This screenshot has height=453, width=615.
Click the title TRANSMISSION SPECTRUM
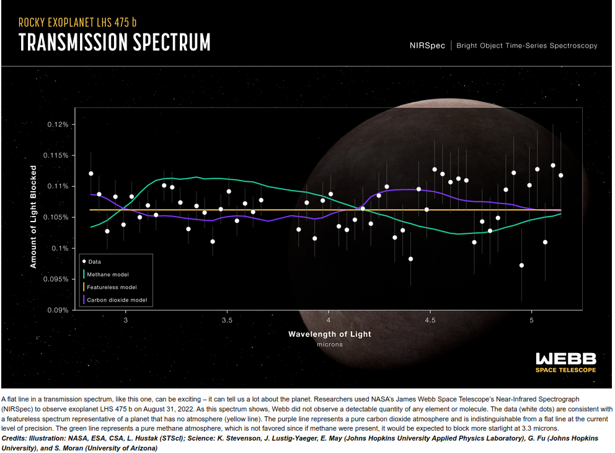point(115,42)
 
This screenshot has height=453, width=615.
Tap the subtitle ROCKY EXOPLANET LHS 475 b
point(77,22)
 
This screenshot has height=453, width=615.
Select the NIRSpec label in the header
point(427,45)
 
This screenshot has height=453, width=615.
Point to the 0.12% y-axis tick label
point(58,125)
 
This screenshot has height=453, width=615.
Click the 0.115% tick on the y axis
point(56,156)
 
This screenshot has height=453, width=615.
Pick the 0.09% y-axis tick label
point(58,310)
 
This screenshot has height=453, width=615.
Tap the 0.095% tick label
point(56,279)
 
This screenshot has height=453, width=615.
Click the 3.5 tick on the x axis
point(227,320)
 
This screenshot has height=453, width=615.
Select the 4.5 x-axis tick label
point(430,320)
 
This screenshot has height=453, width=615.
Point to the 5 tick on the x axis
point(531,320)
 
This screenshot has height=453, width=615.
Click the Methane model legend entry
point(106,274)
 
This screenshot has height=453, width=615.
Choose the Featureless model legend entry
point(110,287)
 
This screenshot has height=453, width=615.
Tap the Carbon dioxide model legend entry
point(115,300)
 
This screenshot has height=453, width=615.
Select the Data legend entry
point(92,261)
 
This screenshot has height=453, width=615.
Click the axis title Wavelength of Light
point(329,334)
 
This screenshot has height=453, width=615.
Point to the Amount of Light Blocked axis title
point(33,217)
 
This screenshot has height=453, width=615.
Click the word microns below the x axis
point(330,344)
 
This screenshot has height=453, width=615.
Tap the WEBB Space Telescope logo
point(565,362)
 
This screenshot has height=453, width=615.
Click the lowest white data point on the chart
point(521,266)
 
